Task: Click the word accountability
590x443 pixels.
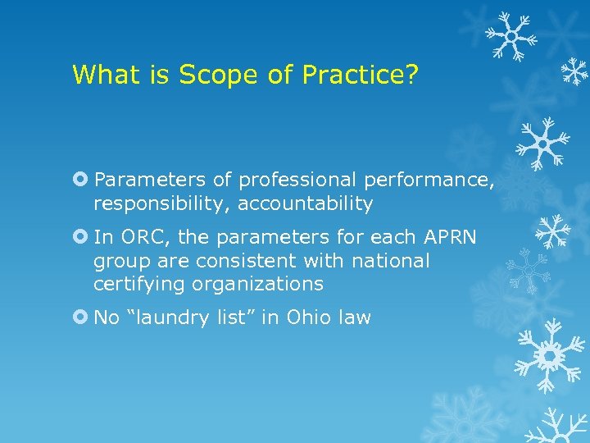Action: (x=305, y=203)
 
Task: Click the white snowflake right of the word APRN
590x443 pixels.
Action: (x=553, y=232)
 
